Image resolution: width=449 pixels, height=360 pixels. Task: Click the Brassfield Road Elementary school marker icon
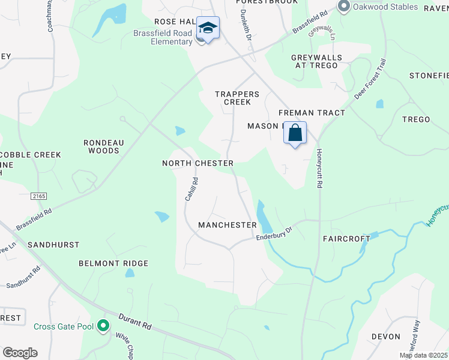208,28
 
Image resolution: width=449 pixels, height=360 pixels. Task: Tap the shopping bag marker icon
295,133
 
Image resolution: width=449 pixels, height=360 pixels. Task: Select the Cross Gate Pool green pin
103,326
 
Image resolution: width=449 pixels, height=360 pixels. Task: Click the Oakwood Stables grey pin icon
344,7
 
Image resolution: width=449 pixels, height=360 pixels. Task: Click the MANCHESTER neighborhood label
228,225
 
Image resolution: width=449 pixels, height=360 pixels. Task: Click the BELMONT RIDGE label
113,263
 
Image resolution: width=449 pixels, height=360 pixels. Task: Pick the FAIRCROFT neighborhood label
347,238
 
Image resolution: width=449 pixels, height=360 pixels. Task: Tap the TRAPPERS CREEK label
237,98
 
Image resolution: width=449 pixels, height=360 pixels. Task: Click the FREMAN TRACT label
312,113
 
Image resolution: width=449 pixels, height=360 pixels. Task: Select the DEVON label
385,337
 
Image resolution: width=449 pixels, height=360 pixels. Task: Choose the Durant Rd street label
134,321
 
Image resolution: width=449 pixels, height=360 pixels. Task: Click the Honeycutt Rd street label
319,169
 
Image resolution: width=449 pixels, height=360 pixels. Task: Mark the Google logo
20,353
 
